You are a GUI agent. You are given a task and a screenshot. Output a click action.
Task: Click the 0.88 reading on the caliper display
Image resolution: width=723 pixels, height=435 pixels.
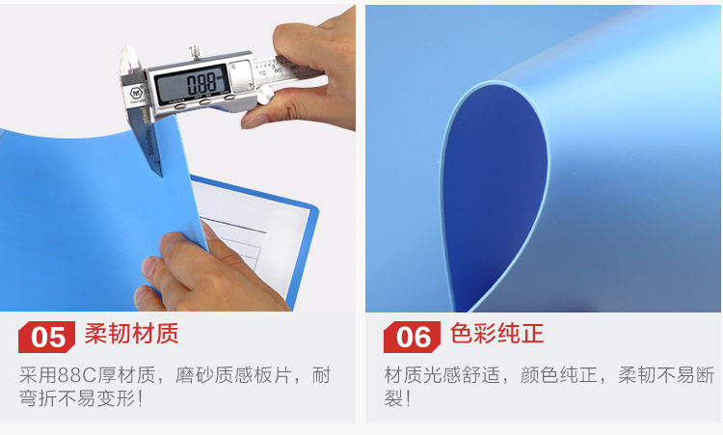click(201, 84)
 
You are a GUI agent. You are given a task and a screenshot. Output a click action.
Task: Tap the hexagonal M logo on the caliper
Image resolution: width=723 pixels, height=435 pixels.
click(136, 94)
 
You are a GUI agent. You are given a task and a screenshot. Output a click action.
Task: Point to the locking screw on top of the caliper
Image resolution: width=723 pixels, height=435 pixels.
click(195, 52)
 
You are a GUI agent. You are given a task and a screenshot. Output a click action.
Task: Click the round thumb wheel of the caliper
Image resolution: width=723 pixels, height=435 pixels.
click(265, 95)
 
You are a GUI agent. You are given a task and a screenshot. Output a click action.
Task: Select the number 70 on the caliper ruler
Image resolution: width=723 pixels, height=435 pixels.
click(262, 73)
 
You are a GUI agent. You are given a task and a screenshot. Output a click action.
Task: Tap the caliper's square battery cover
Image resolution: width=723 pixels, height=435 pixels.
click(240, 75)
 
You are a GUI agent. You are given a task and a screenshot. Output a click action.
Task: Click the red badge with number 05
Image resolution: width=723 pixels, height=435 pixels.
click(46, 337)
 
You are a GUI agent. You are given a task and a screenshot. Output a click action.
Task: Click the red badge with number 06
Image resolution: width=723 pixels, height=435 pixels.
click(412, 337)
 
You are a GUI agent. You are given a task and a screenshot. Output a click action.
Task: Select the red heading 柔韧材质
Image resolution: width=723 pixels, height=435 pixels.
click(131, 334)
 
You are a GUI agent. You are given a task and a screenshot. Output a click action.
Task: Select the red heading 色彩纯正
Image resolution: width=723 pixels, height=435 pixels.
click(496, 334)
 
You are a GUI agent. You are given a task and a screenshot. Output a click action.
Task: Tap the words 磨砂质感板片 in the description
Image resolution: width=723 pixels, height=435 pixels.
click(233, 375)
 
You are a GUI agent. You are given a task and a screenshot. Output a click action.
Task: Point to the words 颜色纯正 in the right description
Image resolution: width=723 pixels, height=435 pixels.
click(559, 375)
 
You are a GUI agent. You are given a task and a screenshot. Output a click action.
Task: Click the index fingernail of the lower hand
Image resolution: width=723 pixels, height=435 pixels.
click(149, 266)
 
